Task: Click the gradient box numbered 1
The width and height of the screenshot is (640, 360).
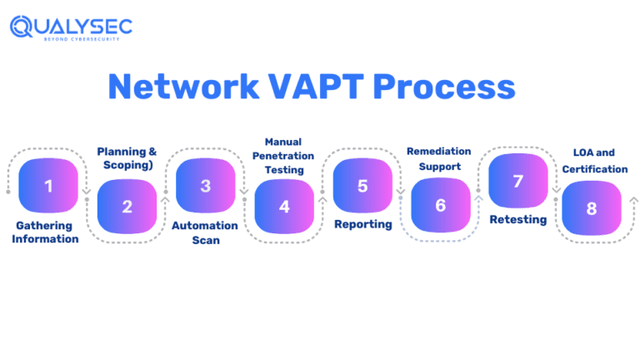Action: point(48,186)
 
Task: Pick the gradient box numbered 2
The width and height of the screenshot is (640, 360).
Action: point(127,207)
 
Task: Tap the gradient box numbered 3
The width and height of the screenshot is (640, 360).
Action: point(206,186)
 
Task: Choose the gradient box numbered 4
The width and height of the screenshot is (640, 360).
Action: point(284,207)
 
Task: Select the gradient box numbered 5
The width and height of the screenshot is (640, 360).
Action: point(362,186)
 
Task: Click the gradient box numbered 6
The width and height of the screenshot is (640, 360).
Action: point(441,205)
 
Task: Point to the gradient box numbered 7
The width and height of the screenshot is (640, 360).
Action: point(518,181)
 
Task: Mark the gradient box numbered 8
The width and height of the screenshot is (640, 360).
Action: point(592,208)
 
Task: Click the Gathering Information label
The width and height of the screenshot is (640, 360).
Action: point(46,232)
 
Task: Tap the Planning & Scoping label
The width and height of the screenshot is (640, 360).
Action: point(127,158)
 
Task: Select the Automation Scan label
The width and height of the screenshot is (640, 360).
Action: point(205,232)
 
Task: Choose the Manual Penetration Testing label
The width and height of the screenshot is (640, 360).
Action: point(283,156)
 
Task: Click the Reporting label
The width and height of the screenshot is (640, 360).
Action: point(362,225)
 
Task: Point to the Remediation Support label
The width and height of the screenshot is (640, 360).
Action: point(439,159)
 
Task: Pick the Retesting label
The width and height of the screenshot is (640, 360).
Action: point(517,220)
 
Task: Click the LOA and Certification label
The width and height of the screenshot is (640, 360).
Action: point(594,161)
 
